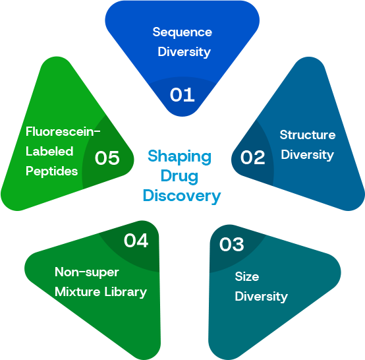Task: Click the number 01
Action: point(182,94)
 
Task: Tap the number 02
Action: point(252,158)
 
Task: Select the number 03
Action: point(232,245)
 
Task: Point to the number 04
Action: point(136,241)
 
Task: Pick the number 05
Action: point(107,158)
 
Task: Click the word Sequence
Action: point(182,32)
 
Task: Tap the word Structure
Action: point(308,135)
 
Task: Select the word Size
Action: point(247,276)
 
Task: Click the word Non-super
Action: point(87,272)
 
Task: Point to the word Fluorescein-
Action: point(63,132)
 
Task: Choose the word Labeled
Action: point(49,152)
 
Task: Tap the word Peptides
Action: point(51,171)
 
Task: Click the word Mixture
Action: point(78,291)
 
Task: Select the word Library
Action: point(125,292)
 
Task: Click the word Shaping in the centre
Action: point(180,157)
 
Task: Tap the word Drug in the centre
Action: point(179,177)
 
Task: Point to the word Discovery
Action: point(182,196)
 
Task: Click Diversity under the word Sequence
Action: point(184,52)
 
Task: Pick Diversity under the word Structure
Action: point(307,155)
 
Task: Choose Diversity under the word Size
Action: point(261,297)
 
